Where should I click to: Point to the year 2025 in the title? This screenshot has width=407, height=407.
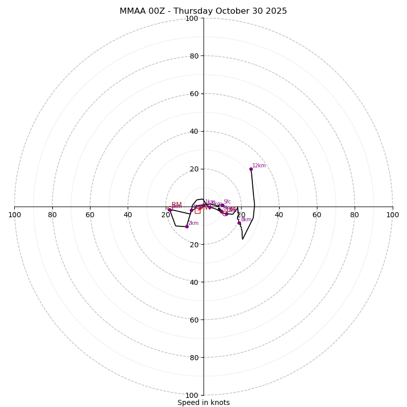275,11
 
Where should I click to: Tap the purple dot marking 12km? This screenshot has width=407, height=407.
251,169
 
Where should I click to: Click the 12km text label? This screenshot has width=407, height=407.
259,166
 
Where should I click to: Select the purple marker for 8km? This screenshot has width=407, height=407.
239,223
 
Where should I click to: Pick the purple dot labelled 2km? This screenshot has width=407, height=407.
187,226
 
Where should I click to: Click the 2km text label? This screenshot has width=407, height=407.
193,223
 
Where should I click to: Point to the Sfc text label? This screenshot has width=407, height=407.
227,202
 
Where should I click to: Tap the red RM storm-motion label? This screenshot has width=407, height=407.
177,205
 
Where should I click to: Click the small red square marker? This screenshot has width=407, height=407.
197,211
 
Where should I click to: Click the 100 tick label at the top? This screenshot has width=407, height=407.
192,18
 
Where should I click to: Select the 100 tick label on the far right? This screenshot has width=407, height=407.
392,215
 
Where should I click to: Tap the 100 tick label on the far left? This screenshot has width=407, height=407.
15,215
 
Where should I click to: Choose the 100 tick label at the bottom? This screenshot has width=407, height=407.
192,395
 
